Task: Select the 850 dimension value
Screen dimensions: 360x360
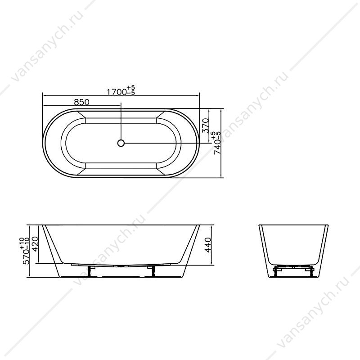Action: coord(81,102)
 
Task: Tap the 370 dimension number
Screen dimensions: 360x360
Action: coord(205,126)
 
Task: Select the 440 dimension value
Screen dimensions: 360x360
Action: coord(208,245)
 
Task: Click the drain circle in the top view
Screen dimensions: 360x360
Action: coord(121,143)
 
